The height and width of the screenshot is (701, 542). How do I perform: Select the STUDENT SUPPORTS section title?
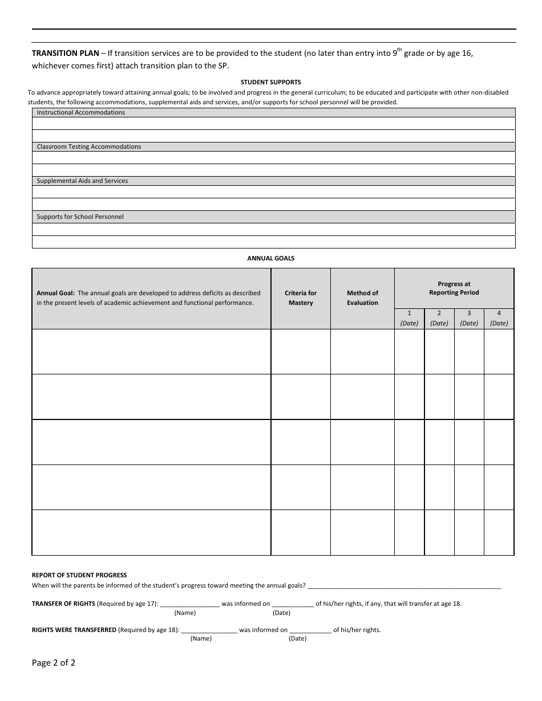[270, 82]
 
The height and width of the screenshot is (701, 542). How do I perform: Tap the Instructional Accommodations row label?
[80, 113]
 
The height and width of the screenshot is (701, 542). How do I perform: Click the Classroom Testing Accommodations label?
[88, 147]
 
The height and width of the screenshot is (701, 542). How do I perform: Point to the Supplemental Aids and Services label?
[82, 181]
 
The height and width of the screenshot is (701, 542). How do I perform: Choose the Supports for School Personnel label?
[80, 217]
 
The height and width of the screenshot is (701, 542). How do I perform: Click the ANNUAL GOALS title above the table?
[270, 258]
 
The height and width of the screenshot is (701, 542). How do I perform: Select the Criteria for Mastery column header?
[301, 298]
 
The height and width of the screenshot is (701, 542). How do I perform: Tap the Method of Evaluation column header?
[362, 298]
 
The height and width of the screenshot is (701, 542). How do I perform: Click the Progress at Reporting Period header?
[454, 288]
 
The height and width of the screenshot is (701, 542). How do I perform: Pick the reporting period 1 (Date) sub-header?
[409, 319]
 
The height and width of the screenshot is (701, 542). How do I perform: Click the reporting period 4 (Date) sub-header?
[499, 319]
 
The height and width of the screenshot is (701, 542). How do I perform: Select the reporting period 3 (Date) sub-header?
[469, 319]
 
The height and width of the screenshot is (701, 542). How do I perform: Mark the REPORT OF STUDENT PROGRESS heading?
[79, 576]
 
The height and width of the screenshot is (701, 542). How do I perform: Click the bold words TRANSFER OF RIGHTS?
[63, 604]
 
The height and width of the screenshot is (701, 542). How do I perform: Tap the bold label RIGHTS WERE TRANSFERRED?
[74, 630]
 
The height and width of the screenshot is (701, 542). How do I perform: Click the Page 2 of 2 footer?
[54, 663]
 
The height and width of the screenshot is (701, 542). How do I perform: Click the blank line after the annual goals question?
[404, 586]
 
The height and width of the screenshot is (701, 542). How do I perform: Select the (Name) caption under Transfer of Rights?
[185, 613]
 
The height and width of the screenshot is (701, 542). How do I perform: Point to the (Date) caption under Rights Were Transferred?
[297, 639]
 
